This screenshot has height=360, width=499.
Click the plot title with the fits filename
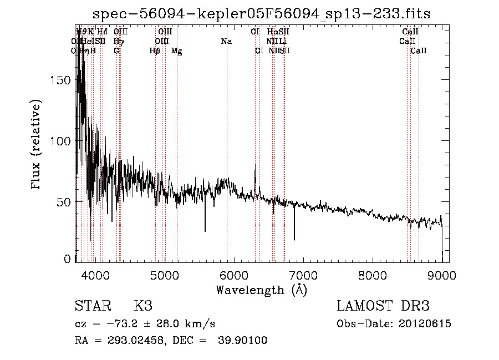pyautogui.click(x=261, y=14)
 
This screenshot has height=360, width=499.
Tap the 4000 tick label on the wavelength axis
pyautogui.click(x=95, y=276)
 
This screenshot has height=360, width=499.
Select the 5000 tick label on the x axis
pyautogui.click(x=164, y=276)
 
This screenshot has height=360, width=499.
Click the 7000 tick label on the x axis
pyautogui.click(x=303, y=276)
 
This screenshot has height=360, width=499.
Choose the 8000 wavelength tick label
pyautogui.click(x=372, y=276)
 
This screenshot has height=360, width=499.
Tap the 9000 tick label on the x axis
pyautogui.click(x=441, y=276)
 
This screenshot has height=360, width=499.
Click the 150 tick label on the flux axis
pyautogui.click(x=62, y=80)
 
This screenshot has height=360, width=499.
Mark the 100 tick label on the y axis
pyautogui.click(x=62, y=141)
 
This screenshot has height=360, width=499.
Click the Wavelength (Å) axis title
pyautogui.click(x=261, y=290)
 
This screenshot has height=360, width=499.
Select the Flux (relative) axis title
pyautogui.click(x=37, y=145)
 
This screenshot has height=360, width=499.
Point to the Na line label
pyautogui.click(x=226, y=42)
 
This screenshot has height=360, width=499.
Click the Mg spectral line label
pyautogui.click(x=177, y=51)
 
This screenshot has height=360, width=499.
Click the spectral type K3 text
pyautogui.click(x=143, y=306)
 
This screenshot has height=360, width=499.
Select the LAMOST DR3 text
pyautogui.click(x=383, y=306)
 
